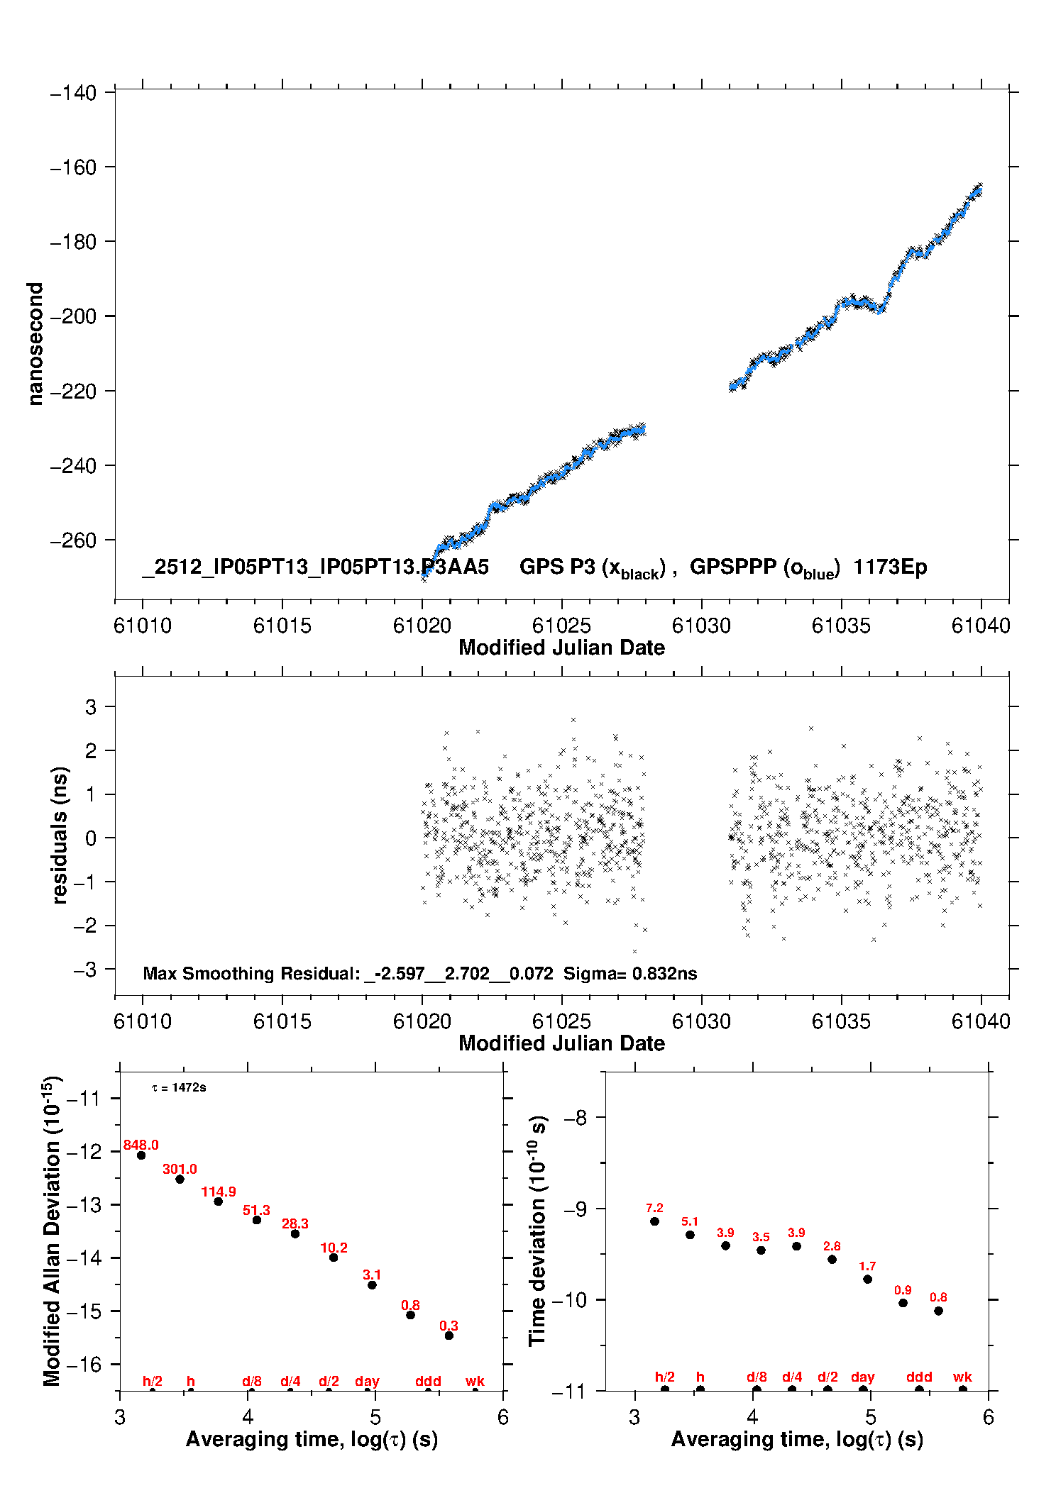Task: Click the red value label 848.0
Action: [141, 1145]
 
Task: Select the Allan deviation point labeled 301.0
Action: [180, 1179]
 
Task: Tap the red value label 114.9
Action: [218, 1192]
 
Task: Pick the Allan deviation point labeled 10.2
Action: [334, 1258]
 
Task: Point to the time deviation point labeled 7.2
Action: [654, 1221]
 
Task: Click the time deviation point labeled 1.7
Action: [867, 1280]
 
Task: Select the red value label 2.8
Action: [832, 1246]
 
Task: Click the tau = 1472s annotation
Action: [179, 1088]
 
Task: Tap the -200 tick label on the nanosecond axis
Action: [73, 316]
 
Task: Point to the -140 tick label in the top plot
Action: [73, 93]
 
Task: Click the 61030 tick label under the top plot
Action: [701, 626]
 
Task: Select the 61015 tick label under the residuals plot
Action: [282, 1021]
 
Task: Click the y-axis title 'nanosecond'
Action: [35, 344]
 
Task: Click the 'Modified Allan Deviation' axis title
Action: [52, 1231]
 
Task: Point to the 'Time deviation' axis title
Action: [537, 1231]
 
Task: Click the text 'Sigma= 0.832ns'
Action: [630, 973]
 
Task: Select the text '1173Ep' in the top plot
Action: [890, 567]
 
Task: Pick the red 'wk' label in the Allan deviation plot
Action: [475, 1381]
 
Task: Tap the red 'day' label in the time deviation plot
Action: [862, 1377]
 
